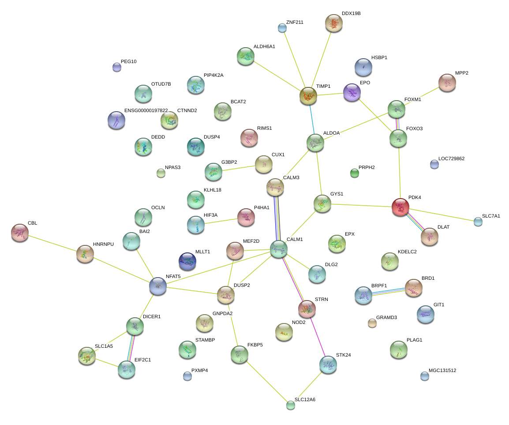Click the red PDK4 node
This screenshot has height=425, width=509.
pos(400,207)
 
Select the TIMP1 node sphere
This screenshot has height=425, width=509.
pos(308,96)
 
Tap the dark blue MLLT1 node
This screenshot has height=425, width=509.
pos(187,261)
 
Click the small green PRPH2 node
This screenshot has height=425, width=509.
pos(355,173)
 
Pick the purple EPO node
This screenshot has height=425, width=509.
pos(352,92)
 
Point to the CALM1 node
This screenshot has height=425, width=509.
pos(279,249)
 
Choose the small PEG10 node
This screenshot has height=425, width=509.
pos(117,67)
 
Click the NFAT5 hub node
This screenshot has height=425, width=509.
pos(158,286)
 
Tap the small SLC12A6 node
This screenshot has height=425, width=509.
pos(291,405)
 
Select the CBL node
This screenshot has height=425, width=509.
pos(20,233)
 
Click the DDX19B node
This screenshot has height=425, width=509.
pos(334,23)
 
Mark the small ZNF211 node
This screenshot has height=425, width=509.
pos(282,28)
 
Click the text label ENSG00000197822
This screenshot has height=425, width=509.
pos(146,110)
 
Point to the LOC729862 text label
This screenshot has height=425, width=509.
pos(451,158)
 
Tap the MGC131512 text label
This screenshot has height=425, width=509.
pos(442,370)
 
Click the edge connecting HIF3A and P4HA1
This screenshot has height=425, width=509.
pos(221,221)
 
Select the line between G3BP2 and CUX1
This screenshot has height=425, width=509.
pos(239,168)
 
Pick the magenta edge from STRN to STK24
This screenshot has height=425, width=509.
pos(318,337)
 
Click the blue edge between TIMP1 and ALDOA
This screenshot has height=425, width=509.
pos(312,119)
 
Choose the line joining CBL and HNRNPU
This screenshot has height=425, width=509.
pos(52,243)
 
